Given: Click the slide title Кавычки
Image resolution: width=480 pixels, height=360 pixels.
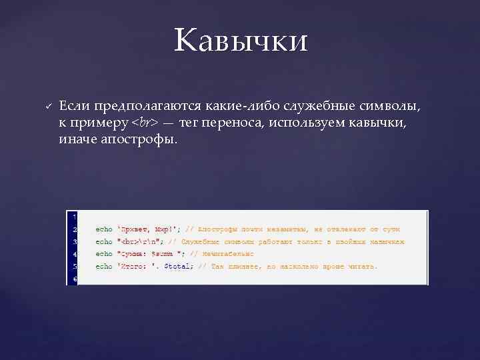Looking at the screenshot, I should coord(241,41).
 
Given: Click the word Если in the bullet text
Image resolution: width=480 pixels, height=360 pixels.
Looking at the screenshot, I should coord(74,107).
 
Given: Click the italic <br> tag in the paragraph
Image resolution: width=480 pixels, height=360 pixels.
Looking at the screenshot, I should coord(145,123).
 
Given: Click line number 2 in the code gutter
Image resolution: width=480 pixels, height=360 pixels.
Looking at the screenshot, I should coord(75,229).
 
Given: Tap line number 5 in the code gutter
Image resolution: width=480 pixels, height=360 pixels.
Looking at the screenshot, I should coord(75,266).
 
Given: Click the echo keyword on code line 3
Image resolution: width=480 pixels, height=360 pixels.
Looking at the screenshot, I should coord(104,241).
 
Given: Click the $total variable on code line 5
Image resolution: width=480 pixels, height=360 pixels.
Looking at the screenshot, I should coord(178,266).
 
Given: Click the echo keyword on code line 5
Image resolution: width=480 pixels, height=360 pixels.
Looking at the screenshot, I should coord(104,266).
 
